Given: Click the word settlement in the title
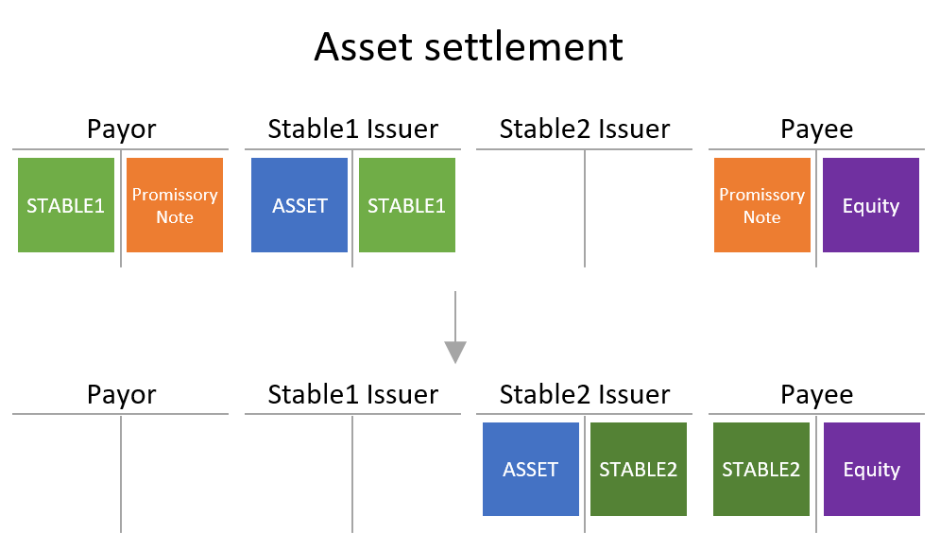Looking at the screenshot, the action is point(523,46).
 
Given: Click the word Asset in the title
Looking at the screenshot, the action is point(364,46).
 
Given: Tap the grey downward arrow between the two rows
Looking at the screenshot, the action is point(455,327).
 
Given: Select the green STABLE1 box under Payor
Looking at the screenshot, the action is point(66,205).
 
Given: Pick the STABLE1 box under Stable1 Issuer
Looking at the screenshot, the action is point(407,205).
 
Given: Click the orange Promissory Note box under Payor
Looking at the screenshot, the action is point(175,205).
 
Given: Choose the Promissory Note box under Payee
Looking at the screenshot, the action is point(762,205).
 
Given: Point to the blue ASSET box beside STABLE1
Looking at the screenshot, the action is point(299,205).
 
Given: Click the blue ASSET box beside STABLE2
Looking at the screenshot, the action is point(531,469).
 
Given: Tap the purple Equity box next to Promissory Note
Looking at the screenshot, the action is point(871,205).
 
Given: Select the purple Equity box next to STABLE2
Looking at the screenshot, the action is point(872,469).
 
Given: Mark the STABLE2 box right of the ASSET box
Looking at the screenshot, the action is point(639,469).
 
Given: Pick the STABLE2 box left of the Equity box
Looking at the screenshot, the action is point(761,469).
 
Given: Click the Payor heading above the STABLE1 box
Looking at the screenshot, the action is point(122,129).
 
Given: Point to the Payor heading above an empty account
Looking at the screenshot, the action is point(122,394).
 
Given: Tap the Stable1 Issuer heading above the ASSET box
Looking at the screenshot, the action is point(353,129).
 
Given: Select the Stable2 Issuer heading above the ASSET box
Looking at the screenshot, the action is point(585,394).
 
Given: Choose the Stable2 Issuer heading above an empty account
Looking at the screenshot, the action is point(585,129).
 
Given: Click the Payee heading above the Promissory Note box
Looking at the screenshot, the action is point(816,129).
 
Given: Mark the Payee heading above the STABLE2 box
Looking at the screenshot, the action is point(816,394).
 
